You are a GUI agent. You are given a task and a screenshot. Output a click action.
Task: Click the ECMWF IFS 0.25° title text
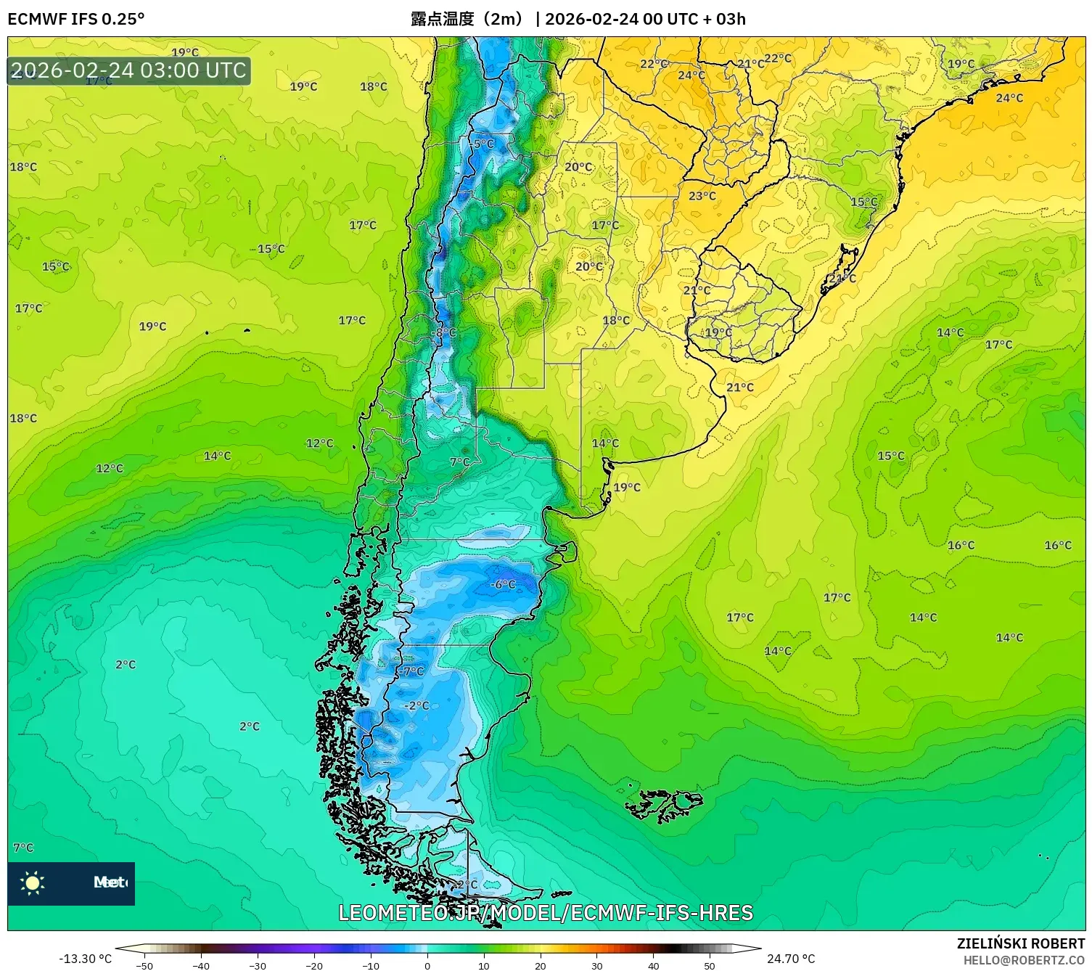click(x=76, y=19)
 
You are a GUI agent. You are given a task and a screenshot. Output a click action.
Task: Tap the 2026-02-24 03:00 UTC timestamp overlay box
click(x=129, y=70)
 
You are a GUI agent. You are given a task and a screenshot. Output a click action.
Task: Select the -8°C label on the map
click(x=444, y=332)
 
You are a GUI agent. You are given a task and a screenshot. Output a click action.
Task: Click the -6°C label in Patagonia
click(x=503, y=584)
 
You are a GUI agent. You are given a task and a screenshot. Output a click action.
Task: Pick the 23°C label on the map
click(x=702, y=196)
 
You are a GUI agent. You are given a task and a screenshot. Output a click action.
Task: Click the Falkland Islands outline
click(x=664, y=804)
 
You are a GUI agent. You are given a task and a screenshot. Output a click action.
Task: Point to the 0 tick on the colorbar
click(x=427, y=965)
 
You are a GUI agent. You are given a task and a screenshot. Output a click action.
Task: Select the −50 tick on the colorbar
click(x=144, y=965)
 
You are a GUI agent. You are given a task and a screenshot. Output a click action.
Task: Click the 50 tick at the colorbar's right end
click(x=709, y=965)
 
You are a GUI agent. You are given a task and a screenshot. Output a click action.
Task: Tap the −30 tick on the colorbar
click(x=258, y=965)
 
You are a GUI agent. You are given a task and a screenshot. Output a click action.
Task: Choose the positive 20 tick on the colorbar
click(x=540, y=965)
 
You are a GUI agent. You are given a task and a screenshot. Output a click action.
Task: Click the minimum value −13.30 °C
click(x=85, y=959)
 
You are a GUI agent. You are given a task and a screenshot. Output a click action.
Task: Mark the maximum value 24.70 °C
click(x=791, y=959)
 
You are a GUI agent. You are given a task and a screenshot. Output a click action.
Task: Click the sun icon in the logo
click(x=33, y=882)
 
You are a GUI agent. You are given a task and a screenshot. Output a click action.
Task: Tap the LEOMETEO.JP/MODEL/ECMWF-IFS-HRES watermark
click(x=546, y=913)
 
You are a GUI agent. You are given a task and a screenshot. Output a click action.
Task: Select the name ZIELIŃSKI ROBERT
click(x=1020, y=943)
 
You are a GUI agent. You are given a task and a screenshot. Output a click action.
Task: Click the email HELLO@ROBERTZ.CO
click(x=1024, y=960)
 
